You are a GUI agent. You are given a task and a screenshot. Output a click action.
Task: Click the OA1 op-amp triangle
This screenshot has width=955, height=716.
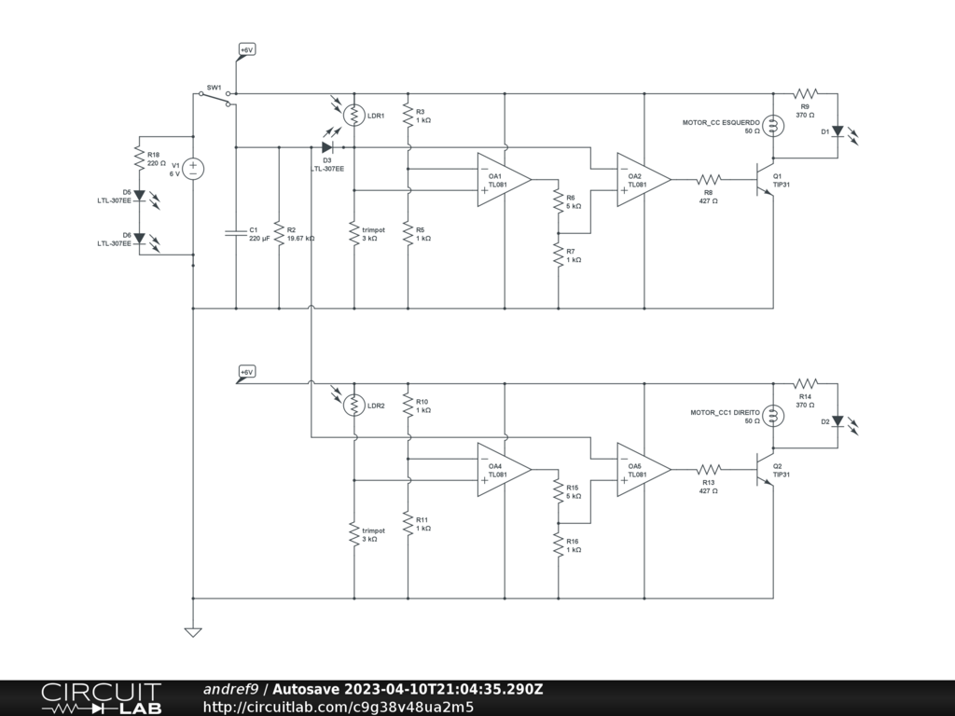point(504,180)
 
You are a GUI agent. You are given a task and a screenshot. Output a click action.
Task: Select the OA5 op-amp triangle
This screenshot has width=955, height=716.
point(644,470)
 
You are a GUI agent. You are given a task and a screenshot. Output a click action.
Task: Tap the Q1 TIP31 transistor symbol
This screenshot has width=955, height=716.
point(768,180)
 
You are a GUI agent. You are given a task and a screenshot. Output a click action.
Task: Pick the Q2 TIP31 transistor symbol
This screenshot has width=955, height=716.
point(768,470)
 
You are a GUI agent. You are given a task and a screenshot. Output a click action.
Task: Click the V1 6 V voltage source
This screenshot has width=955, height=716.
point(193,169)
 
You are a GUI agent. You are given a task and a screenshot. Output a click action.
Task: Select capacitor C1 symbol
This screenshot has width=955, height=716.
point(236,232)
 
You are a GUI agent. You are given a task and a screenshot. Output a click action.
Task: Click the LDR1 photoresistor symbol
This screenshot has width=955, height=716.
point(354,115)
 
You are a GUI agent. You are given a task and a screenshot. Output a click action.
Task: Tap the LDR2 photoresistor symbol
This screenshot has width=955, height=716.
point(354,405)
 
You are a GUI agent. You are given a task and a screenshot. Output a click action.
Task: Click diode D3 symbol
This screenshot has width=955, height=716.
point(328,147)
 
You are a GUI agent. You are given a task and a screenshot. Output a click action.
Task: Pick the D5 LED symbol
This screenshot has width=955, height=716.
point(139,196)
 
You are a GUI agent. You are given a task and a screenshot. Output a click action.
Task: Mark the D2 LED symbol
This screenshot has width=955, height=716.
point(837,421)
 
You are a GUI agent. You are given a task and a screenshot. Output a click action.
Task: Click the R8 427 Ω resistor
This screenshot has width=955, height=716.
point(709,180)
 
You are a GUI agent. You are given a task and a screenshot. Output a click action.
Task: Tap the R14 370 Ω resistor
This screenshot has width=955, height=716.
point(806,383)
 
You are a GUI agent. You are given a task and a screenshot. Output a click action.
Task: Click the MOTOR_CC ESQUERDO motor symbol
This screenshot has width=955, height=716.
point(773,126)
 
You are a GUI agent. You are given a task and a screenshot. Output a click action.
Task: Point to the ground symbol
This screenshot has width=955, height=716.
point(193,632)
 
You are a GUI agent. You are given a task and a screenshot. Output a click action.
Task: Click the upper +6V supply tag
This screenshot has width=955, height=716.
point(246,50)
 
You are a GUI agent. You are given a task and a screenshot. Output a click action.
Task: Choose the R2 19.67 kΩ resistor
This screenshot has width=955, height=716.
point(279,232)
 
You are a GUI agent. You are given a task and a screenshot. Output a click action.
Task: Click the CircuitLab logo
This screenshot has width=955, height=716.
point(101,697)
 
